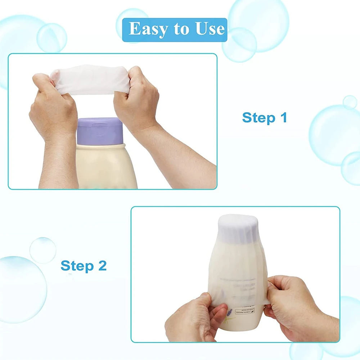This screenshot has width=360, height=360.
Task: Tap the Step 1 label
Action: point(265,118)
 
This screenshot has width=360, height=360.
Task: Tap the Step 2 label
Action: point(84,266)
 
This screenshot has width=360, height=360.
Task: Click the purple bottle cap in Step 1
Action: point(99,131)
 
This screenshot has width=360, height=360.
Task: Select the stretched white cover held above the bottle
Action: point(92,80)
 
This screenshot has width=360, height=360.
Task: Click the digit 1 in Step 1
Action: point(283,118)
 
